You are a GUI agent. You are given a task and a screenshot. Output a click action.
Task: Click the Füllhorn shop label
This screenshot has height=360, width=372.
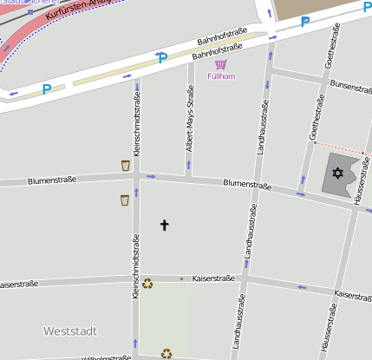[221, 76]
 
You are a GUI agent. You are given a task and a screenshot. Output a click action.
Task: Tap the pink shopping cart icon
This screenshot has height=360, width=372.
[221, 64]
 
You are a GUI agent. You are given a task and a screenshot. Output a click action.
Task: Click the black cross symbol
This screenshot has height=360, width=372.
[165, 226]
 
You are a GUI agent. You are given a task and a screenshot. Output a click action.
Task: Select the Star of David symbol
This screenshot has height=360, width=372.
[338, 175]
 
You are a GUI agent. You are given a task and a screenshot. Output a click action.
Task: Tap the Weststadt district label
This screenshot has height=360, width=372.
[70, 331]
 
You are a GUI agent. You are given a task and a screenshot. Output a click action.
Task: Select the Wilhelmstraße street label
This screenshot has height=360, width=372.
[106, 357]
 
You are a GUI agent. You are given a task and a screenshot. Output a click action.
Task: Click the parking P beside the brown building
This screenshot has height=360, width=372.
[304, 22]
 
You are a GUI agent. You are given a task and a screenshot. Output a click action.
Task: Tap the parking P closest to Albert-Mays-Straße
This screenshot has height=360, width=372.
[162, 58]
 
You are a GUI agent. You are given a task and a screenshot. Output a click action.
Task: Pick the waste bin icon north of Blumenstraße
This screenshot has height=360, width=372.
[126, 165]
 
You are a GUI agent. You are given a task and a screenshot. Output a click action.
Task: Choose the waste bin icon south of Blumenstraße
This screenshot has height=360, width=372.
[125, 200]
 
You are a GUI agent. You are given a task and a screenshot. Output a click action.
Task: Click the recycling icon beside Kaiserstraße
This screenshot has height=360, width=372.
[147, 283]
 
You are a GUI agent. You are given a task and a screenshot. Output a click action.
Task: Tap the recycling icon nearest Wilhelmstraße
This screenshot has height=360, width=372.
[166, 353]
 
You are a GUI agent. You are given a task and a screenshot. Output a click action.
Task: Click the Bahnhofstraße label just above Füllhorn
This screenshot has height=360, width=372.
[215, 55]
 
